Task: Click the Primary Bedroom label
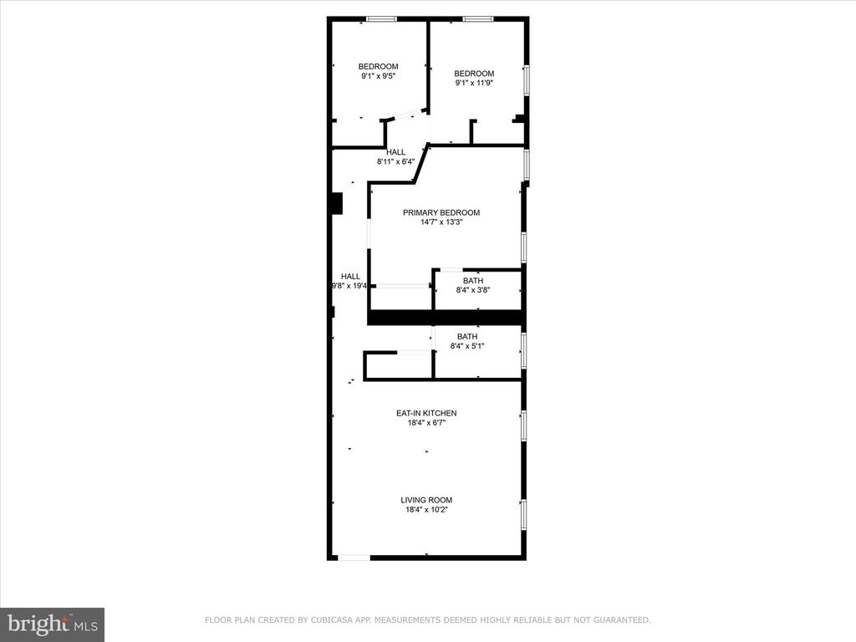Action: click(441, 212)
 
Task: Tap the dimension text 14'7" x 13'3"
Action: click(441, 222)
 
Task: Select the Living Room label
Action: click(426, 500)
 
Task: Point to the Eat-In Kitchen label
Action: click(426, 413)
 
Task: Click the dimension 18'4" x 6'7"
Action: click(426, 422)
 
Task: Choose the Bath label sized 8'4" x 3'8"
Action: click(473, 281)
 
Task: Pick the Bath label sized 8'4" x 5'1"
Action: click(467, 336)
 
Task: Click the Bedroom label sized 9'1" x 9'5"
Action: click(379, 67)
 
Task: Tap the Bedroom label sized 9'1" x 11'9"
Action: click(475, 74)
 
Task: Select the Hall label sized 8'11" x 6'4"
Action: click(395, 152)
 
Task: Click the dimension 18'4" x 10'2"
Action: click(426, 510)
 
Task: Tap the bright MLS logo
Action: click(53, 624)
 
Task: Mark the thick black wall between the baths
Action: click(446, 318)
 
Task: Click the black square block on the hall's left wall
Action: click(337, 204)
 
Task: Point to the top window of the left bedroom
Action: click(381, 19)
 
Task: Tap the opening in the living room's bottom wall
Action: click(354, 558)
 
